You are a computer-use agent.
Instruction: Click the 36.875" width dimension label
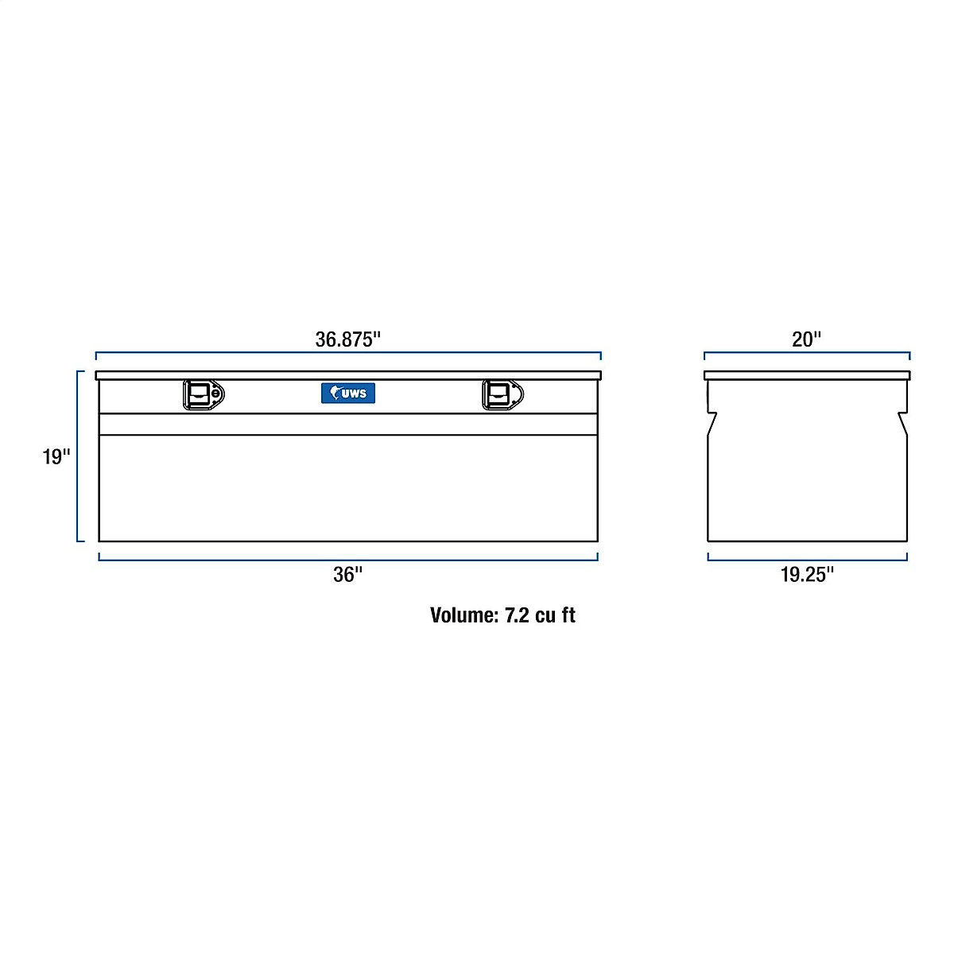(348, 339)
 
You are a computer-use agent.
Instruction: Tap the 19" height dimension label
(56, 457)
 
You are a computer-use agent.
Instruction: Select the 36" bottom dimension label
(347, 575)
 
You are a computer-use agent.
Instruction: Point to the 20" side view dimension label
(806, 339)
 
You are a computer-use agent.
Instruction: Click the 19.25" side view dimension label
(807, 575)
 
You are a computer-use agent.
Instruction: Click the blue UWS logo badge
(348, 393)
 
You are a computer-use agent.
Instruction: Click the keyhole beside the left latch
(216, 394)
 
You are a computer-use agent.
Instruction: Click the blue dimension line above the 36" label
(347, 560)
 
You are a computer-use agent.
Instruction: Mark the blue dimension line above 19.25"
(807, 560)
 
